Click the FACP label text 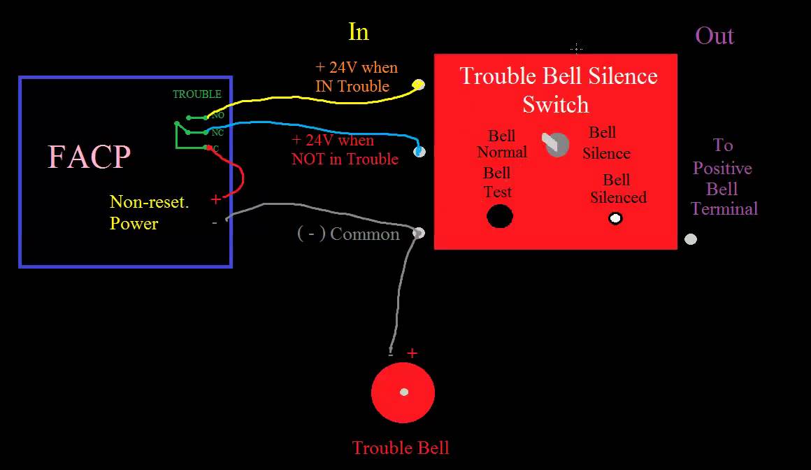coord(89,157)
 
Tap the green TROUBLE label coord(197,94)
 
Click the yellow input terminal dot coord(419,85)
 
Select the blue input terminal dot coord(419,151)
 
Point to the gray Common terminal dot coord(419,233)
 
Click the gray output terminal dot coord(691,239)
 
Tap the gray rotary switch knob coord(557,144)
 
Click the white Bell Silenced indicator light coord(615,219)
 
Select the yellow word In coord(358,31)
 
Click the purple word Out coord(715,36)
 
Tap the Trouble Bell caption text coord(401,448)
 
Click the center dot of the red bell coord(403,392)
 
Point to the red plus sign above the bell coord(412,353)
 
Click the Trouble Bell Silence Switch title coord(558,90)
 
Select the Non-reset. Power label coord(149,213)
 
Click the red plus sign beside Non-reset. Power coord(215,200)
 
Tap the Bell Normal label coord(501,143)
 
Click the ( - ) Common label coord(348,234)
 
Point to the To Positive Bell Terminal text coord(723,177)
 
